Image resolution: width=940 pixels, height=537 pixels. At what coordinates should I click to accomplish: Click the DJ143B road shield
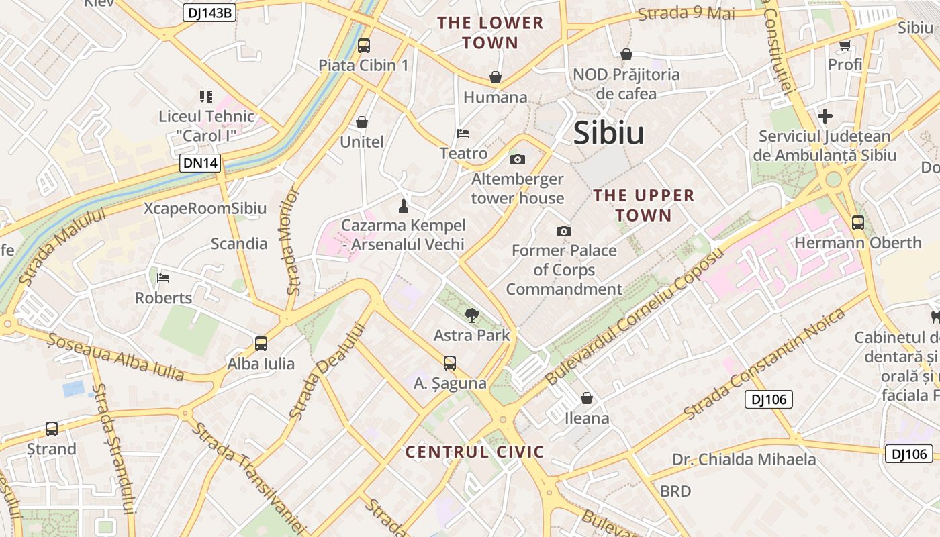coord(209,13)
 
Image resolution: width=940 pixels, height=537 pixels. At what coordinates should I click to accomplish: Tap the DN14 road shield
coord(200,163)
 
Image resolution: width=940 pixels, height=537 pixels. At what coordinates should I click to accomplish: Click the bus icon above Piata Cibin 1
coord(363,46)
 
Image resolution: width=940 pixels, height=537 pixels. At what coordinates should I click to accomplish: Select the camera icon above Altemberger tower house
coord(517,159)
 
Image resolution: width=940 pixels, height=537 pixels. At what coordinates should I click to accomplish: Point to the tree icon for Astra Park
coord(472,315)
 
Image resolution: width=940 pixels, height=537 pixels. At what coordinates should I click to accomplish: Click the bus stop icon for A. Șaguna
coord(450,363)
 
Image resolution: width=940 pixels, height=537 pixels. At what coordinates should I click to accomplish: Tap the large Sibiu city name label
coord(608,134)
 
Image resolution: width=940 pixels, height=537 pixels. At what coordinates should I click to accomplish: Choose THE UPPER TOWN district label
coord(644,205)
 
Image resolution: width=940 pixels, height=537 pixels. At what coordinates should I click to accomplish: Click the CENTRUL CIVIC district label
coord(475,452)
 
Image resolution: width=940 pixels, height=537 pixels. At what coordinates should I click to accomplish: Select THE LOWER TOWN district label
coord(490,32)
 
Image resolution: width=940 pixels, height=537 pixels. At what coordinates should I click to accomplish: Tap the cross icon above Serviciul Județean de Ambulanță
coord(825,116)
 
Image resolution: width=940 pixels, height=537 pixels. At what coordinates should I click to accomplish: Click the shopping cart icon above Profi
coord(845,46)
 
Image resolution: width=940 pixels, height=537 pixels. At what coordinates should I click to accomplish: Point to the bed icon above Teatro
coord(463,133)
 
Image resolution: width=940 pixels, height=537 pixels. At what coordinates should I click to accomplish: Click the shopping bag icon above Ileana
coord(587,398)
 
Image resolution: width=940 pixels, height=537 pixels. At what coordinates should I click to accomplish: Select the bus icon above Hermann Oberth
coord(857,223)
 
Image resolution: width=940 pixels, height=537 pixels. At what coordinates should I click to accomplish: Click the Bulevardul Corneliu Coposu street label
coord(635,315)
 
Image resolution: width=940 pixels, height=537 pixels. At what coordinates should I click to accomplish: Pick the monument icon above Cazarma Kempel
coord(404,205)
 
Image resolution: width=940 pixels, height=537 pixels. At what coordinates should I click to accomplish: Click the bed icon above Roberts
coord(163,277)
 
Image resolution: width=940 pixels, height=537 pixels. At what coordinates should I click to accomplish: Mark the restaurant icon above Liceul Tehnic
coord(206,97)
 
